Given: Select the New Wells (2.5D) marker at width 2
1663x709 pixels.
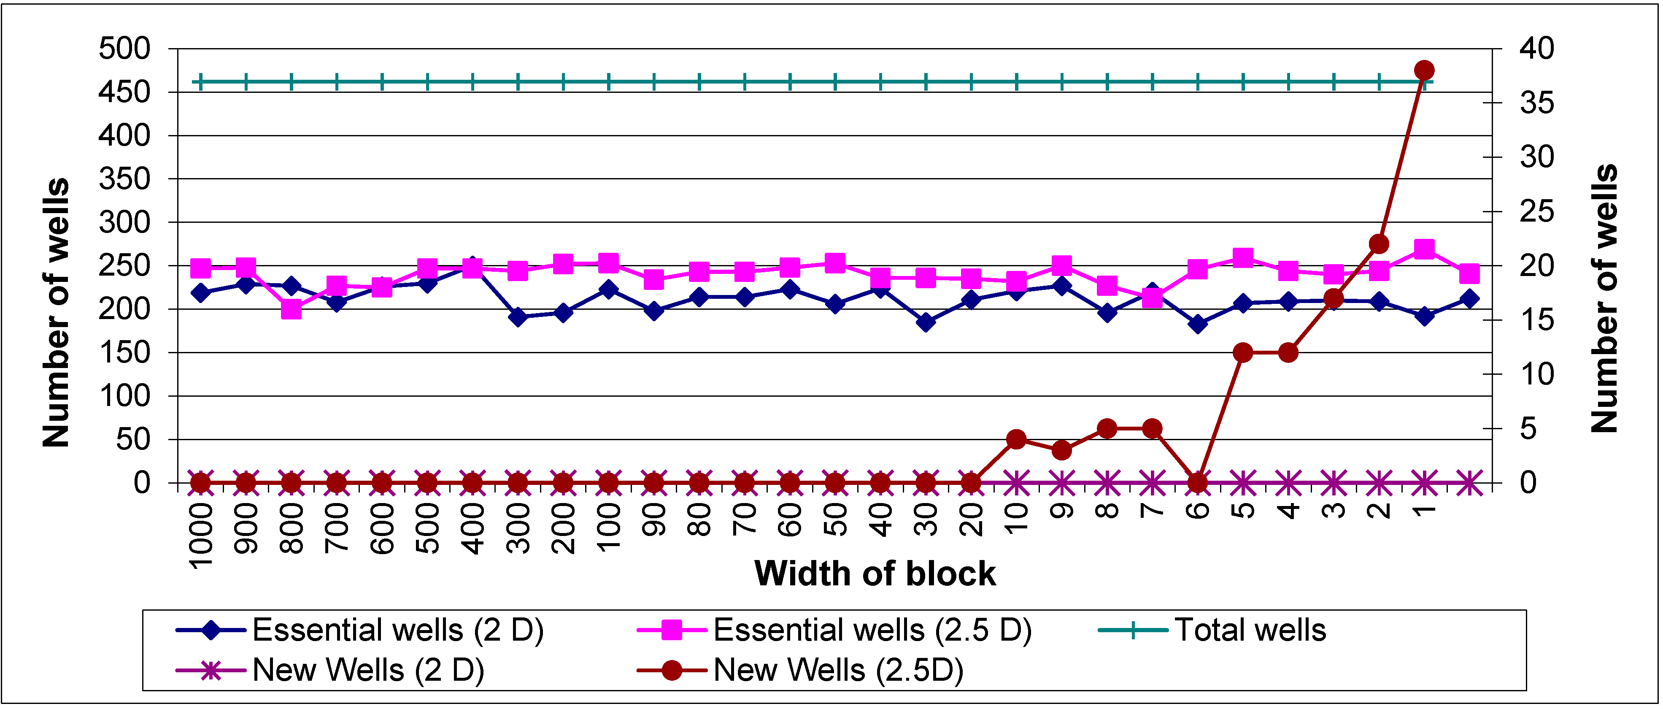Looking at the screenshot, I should point(1379,244).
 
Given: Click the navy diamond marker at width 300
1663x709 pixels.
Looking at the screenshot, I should point(518,317).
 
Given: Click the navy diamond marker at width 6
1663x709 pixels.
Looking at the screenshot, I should point(1198,324).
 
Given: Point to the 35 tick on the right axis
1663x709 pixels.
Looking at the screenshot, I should point(1536,103).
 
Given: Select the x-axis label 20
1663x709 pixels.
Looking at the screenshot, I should point(972,520).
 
